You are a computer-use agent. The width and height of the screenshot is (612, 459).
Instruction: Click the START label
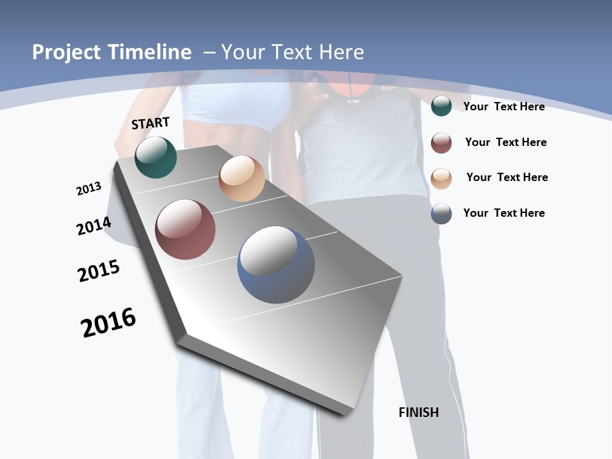point(150,123)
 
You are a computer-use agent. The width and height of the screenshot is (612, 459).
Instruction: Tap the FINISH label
point(418,412)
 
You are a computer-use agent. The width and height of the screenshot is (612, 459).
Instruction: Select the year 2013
point(89,189)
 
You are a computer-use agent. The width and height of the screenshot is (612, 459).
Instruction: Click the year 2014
point(94,226)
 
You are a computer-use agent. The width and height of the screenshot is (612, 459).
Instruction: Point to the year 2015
point(99,271)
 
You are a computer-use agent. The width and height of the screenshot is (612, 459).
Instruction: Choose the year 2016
point(108,323)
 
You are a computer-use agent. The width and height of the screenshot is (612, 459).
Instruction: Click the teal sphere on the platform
point(156,157)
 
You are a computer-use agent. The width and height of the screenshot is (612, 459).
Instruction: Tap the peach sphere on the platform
point(242,178)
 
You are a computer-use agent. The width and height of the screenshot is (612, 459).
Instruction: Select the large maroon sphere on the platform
point(185,229)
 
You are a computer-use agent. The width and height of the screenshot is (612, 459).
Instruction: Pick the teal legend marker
point(441,106)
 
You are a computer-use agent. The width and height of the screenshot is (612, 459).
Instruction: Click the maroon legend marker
point(441,142)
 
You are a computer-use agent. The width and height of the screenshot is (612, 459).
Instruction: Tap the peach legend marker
point(441,178)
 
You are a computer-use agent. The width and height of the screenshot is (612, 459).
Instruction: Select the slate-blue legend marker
point(441,214)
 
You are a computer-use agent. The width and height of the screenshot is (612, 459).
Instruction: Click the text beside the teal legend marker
point(504,106)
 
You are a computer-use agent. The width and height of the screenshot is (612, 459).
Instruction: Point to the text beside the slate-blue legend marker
point(504,213)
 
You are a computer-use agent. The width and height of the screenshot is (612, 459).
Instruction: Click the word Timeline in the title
point(150,52)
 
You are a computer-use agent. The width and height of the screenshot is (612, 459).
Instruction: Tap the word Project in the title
point(66,52)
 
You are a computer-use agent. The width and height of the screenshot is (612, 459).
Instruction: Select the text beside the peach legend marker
point(507,177)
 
